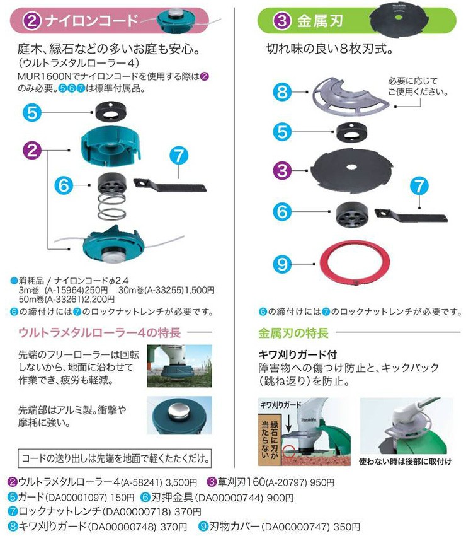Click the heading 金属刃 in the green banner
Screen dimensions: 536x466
pos(319,20)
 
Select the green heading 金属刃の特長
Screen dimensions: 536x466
pos(293,332)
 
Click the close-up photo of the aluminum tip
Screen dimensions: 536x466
pos(179,415)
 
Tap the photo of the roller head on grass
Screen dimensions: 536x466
pos(179,365)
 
